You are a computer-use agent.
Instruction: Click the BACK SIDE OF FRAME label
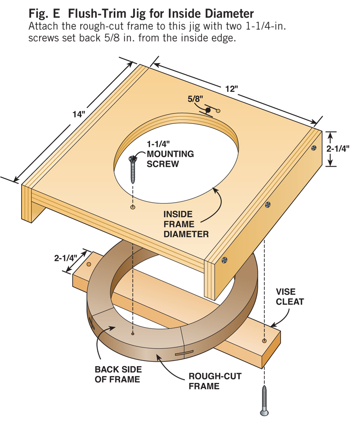tap(117, 374)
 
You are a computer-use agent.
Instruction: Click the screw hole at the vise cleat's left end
tap(89, 264)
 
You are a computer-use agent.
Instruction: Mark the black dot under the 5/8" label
tap(208, 110)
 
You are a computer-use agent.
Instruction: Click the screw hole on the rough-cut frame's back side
tap(133, 334)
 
